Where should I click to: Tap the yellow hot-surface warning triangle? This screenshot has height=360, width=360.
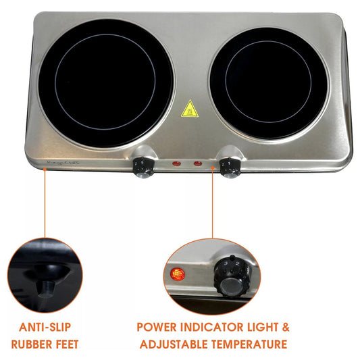(x=190, y=109)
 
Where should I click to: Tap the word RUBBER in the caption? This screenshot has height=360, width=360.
(x=32, y=344)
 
